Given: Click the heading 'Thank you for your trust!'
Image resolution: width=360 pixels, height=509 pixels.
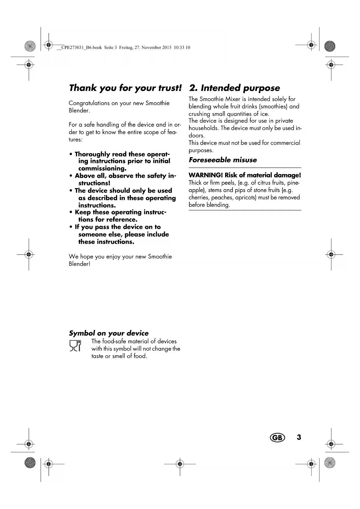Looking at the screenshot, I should pos(125,88).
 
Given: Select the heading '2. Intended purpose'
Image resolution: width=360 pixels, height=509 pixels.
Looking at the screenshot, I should pos(234,88).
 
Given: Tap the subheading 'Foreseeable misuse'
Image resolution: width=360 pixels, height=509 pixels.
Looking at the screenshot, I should pos(222,160).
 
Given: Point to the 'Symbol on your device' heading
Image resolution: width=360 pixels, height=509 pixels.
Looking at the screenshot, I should pos(108,333).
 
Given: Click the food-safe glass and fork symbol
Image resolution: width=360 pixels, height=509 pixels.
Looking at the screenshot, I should pos(75,346).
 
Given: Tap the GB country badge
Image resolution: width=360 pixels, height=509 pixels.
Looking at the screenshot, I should pos(277,438).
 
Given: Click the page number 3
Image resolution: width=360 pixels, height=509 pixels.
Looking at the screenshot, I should pos(299,437).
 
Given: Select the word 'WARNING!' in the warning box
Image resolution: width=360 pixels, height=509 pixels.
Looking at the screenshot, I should pos(205,175).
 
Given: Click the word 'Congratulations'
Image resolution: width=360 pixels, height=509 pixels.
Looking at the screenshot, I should pos(85,103).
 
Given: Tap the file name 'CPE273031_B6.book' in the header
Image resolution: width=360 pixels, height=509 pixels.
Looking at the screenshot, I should pos(82,48).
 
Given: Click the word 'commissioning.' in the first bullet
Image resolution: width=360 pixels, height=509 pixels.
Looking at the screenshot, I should pos(102,169).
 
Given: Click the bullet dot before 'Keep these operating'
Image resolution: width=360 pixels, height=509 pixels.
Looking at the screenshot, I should pos(71,212).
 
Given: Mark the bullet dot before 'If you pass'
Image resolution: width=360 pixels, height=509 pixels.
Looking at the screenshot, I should pos(71,227).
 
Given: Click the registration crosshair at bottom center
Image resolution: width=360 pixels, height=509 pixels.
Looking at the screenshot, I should pos(180,464).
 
